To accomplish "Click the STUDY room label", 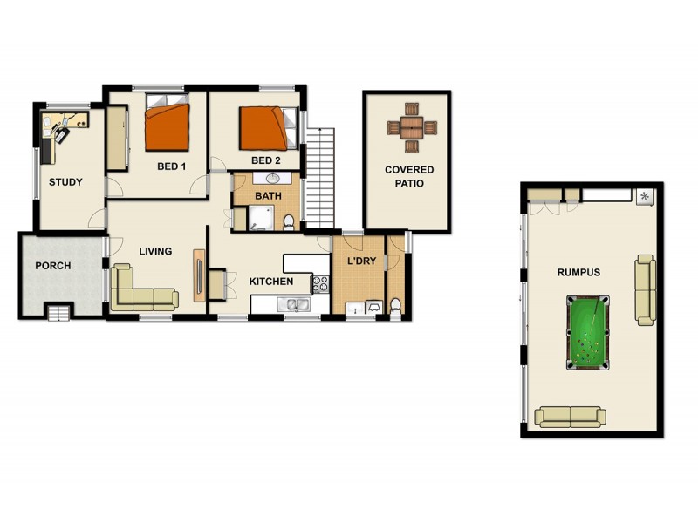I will [x=65, y=182].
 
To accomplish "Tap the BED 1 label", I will [x=171, y=166].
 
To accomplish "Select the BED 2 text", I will [x=265, y=160].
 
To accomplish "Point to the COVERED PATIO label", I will [x=409, y=176].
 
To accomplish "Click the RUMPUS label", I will [x=578, y=273].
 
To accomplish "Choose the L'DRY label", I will [x=360, y=261].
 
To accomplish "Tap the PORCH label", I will [x=52, y=266].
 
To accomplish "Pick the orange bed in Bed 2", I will [x=263, y=127].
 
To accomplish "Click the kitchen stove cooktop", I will [x=320, y=282].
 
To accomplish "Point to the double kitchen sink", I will [x=291, y=304].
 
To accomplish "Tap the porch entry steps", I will [x=59, y=311].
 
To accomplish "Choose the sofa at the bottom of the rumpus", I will [x=570, y=417].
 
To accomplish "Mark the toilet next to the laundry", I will [x=395, y=304].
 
